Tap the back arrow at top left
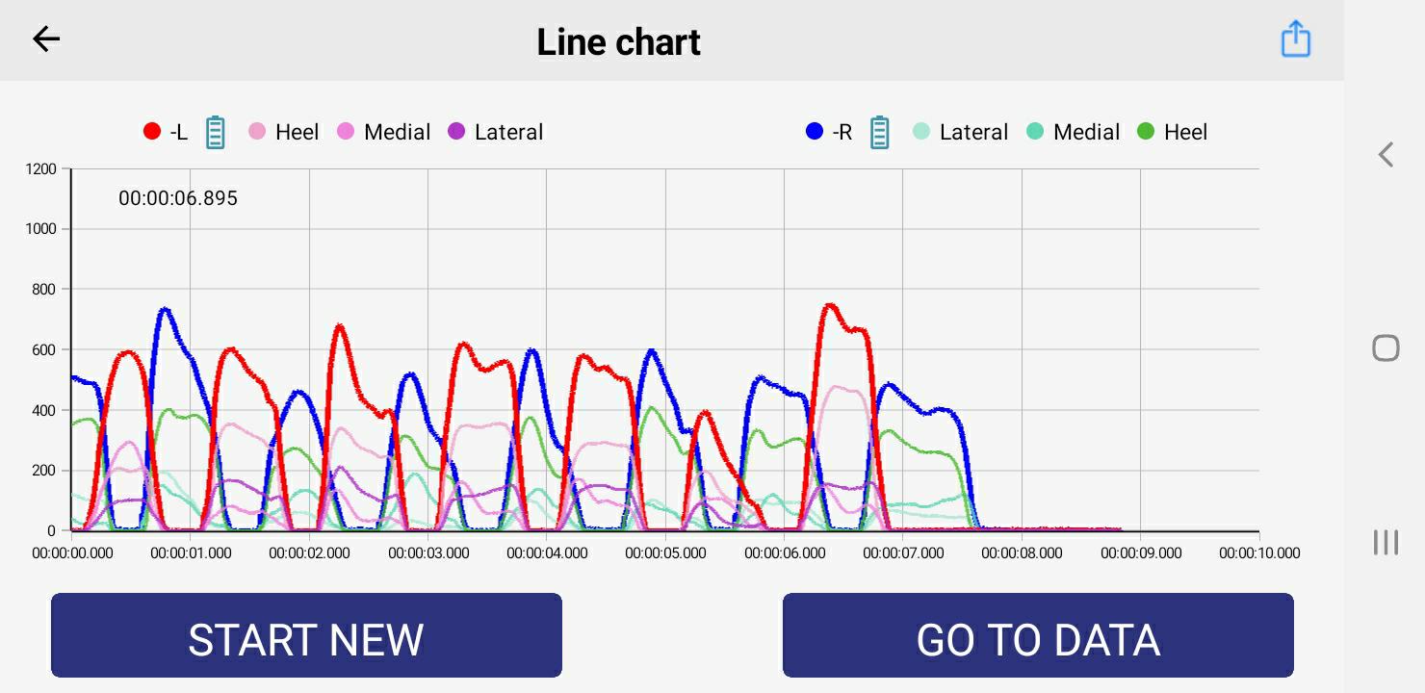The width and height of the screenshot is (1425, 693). (46, 39)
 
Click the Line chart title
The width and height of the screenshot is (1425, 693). (618, 42)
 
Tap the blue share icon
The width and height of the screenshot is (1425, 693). (1296, 39)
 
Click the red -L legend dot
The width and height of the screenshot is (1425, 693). (151, 132)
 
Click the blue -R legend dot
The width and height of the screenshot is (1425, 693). (815, 132)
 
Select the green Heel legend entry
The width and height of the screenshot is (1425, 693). (1173, 132)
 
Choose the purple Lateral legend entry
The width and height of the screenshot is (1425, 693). (497, 132)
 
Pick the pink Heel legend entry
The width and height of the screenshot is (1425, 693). (284, 132)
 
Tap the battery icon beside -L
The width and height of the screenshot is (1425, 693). (216, 132)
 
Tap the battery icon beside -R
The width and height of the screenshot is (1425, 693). (879, 132)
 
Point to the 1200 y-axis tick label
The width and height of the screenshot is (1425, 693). (41, 169)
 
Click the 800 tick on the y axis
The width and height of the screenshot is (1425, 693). (44, 290)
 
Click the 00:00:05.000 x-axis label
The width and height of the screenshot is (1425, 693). (665, 553)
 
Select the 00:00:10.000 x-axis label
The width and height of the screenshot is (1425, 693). (1259, 553)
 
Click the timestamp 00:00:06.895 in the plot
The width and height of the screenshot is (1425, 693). (178, 198)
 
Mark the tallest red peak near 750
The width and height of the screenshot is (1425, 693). (829, 306)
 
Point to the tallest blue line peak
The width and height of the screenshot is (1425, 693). (165, 310)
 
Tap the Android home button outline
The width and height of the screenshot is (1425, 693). (1386, 347)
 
